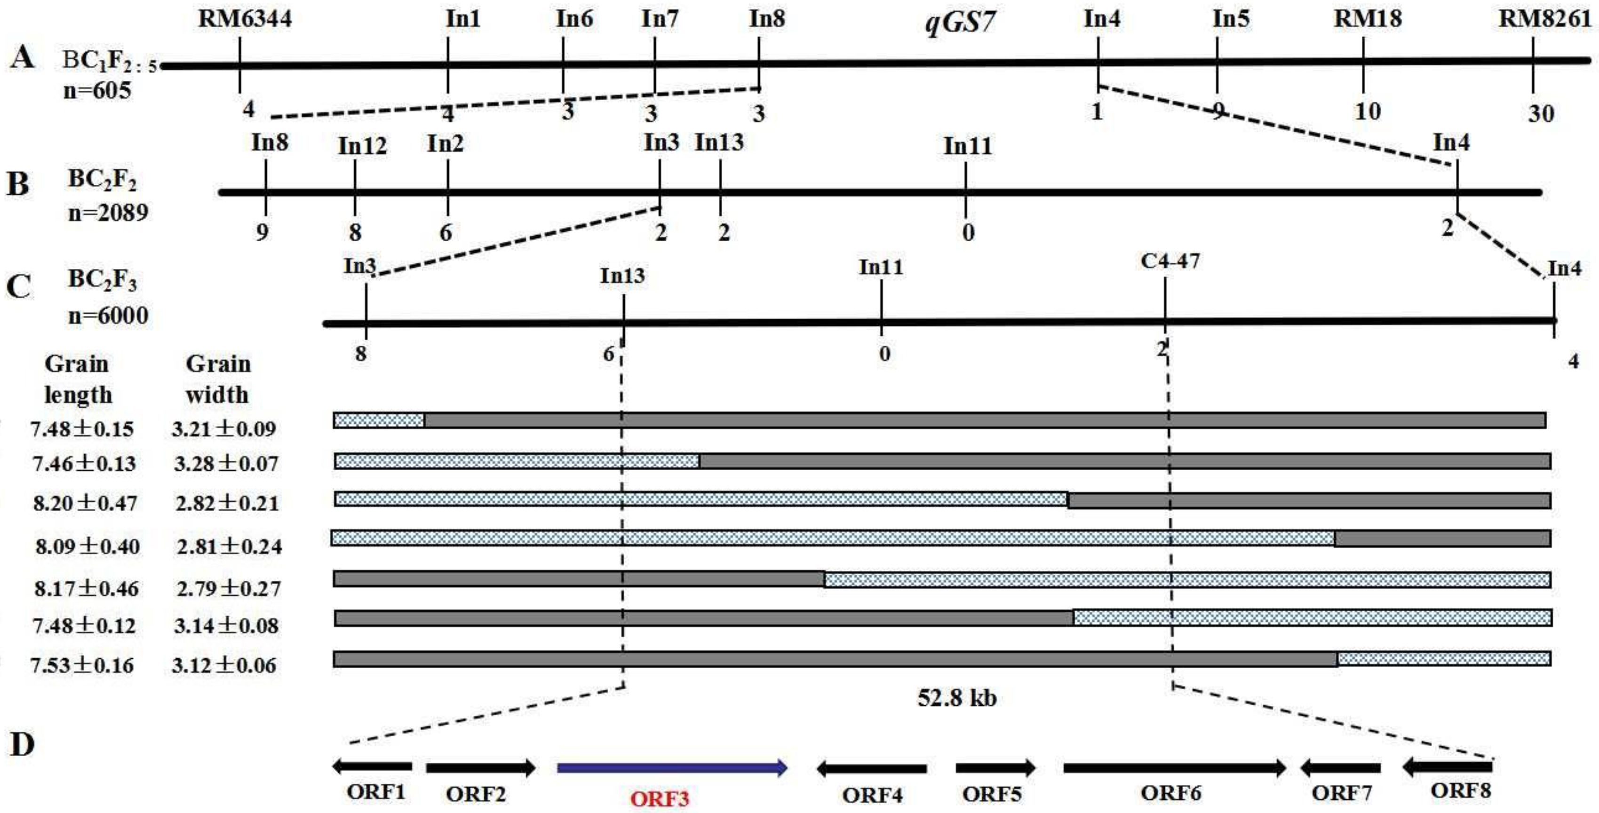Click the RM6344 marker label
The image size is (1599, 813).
(245, 19)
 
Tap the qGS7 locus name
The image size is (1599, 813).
(960, 23)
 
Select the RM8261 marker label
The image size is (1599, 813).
(1545, 19)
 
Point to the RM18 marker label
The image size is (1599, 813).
(1368, 19)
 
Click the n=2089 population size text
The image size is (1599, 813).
(108, 213)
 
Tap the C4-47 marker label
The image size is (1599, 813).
(1170, 261)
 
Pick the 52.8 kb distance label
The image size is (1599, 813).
(956, 698)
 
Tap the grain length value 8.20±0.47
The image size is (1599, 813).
(85, 503)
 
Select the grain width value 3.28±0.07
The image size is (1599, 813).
(226, 464)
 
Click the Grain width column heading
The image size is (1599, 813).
(218, 379)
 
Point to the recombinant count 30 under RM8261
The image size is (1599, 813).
(1541, 114)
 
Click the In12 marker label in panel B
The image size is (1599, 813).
(362, 146)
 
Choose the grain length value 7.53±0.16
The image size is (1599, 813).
(82, 665)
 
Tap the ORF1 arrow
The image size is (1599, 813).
(373, 767)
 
